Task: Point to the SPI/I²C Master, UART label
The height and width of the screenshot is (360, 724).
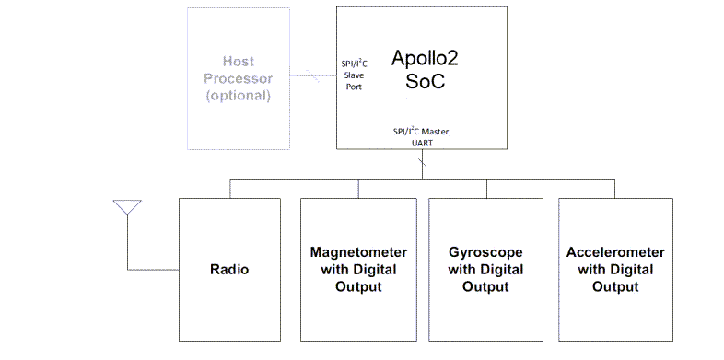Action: pyautogui.click(x=423, y=137)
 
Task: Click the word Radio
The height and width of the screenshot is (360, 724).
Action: pyautogui.click(x=229, y=270)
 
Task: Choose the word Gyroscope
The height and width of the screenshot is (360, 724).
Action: pyautogui.click(x=485, y=251)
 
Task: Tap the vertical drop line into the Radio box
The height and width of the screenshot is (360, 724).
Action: pyautogui.click(x=229, y=187)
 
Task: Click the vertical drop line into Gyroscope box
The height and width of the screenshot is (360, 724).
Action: pyautogui.click(x=485, y=187)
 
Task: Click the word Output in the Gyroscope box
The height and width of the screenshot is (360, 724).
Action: pyautogui.click(x=485, y=287)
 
